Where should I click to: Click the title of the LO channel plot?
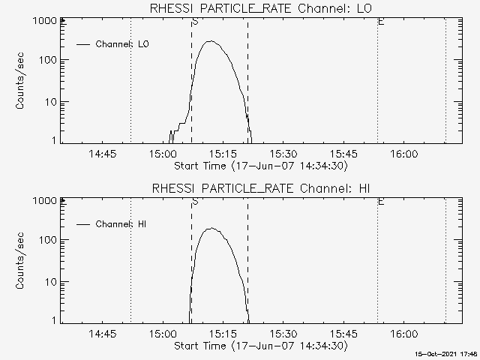coord(260,8)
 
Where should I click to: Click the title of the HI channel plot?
coord(260,188)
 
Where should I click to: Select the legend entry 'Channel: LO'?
coord(122,44)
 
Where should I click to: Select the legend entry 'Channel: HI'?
coord(122,224)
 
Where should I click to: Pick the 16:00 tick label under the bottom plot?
coord(404,334)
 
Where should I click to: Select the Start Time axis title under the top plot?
coord(260,165)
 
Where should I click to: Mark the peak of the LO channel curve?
coord(212,41)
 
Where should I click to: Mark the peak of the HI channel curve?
coord(212,228)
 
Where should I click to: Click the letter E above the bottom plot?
coord(381,202)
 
